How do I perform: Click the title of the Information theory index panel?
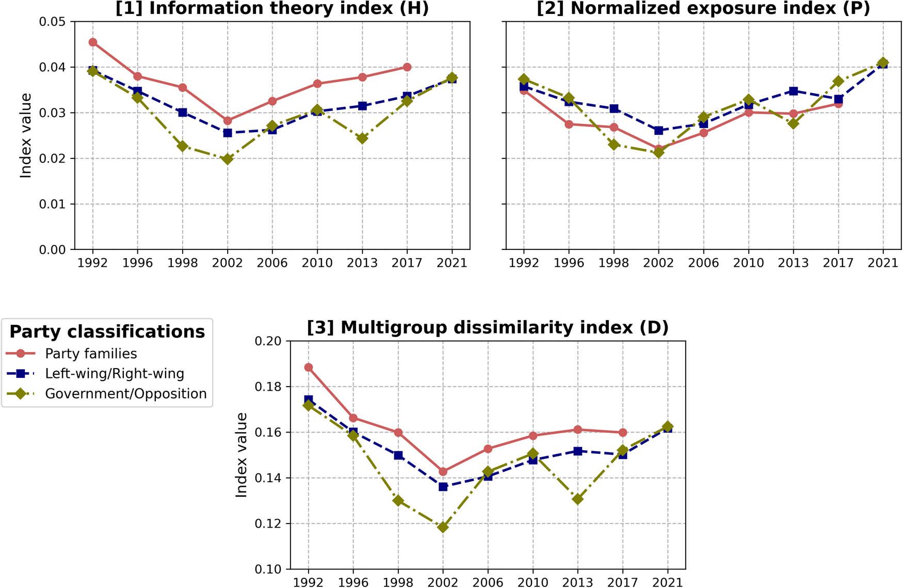[x=272, y=8]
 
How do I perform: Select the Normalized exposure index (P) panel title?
[x=703, y=8]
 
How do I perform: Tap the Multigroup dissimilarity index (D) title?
[x=488, y=327]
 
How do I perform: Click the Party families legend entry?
[x=91, y=354]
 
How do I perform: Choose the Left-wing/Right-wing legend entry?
[x=114, y=374]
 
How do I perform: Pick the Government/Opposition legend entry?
[x=125, y=394]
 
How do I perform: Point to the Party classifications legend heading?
[x=107, y=331]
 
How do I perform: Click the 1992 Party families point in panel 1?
[x=93, y=42]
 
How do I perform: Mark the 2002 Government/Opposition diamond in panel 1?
[x=228, y=159]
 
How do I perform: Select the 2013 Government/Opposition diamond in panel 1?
[x=362, y=138]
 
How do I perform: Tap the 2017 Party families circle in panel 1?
[x=407, y=67]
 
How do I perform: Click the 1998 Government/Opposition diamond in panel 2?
[x=614, y=145]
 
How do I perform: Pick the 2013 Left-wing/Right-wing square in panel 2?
[x=794, y=91]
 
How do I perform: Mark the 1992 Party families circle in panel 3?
[x=309, y=368]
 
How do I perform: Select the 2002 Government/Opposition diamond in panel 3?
[x=443, y=527]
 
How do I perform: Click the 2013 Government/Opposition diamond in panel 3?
[x=578, y=499]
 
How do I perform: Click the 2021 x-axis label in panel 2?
[x=883, y=263]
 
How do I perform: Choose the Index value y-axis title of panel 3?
[x=241, y=455]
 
